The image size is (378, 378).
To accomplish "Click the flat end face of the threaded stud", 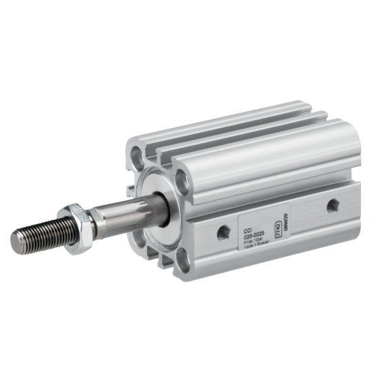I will (17, 239).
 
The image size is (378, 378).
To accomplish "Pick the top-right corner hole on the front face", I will (182, 180).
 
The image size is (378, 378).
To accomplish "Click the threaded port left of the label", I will (223, 233).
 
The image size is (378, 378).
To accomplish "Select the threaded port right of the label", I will (332, 205).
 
